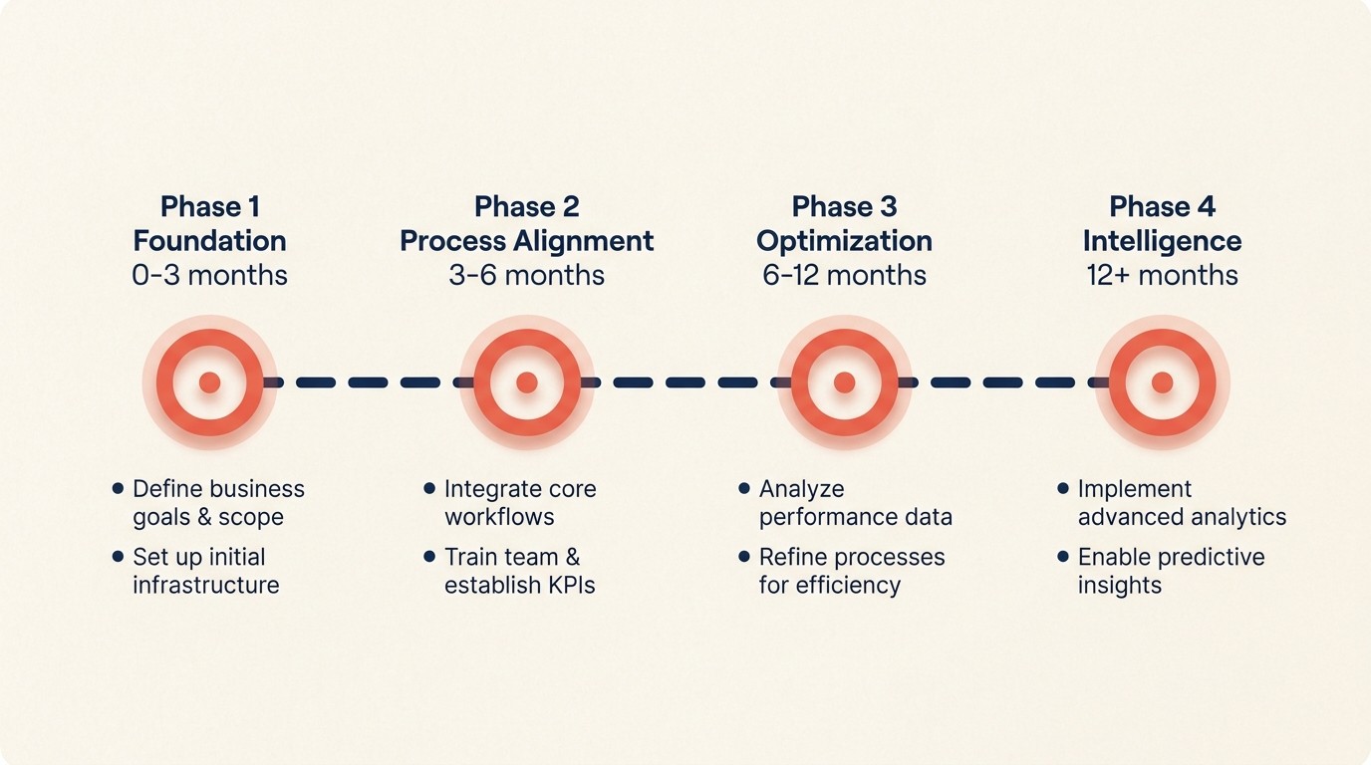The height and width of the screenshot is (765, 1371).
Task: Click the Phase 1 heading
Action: coord(209,206)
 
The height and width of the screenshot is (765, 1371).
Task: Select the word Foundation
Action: coord(209,241)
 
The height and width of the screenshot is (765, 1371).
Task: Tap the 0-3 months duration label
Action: coord(209,275)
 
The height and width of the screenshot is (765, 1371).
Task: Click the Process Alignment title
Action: coord(526,241)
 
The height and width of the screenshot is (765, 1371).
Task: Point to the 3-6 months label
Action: coord(526,275)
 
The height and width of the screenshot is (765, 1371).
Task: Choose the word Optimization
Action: coord(844,241)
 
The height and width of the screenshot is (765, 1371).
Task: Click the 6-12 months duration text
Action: coord(844,275)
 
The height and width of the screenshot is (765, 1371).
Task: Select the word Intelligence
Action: coord(1162,241)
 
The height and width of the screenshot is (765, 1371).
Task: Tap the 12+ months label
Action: coord(1162,275)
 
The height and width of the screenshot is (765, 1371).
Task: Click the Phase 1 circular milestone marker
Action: coord(209,382)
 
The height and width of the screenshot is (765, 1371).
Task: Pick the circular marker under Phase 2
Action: coord(527,382)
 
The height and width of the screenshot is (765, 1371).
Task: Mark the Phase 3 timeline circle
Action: coord(845,382)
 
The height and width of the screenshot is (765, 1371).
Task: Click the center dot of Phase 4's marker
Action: coord(1162,382)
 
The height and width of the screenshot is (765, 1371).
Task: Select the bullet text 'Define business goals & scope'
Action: coord(218,503)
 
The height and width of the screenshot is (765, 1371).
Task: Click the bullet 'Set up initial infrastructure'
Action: coord(205,571)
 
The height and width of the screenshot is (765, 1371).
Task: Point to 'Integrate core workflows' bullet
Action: coord(519,503)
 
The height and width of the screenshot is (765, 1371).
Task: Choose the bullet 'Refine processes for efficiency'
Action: coord(851,571)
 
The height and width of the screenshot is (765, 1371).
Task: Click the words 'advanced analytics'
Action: coord(1182,517)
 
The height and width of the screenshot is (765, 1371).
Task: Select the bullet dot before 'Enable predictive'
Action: coord(1063,557)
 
